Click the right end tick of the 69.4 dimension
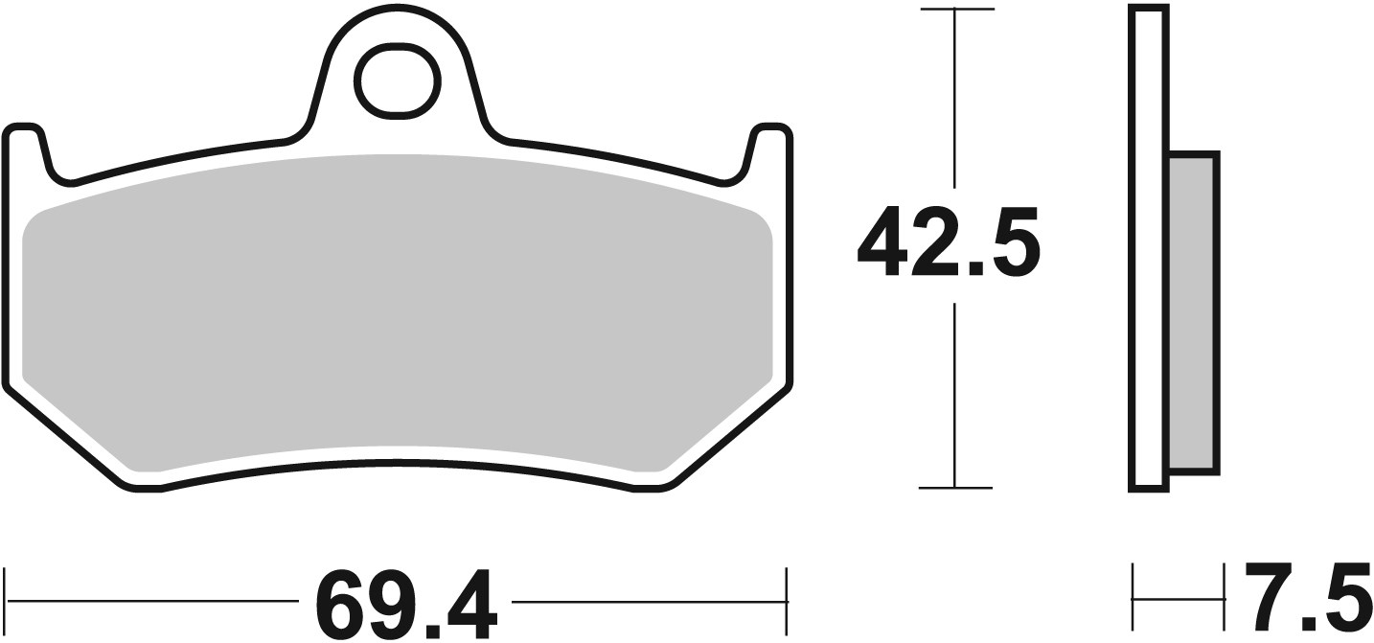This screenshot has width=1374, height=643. pyautogui.click(x=787, y=600)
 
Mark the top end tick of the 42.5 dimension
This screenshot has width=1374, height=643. pyautogui.click(x=955, y=10)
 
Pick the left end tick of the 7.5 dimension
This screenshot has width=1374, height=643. pyautogui.click(x=1133, y=600)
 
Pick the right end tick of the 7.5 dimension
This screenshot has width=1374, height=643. pyautogui.click(x=1225, y=600)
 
